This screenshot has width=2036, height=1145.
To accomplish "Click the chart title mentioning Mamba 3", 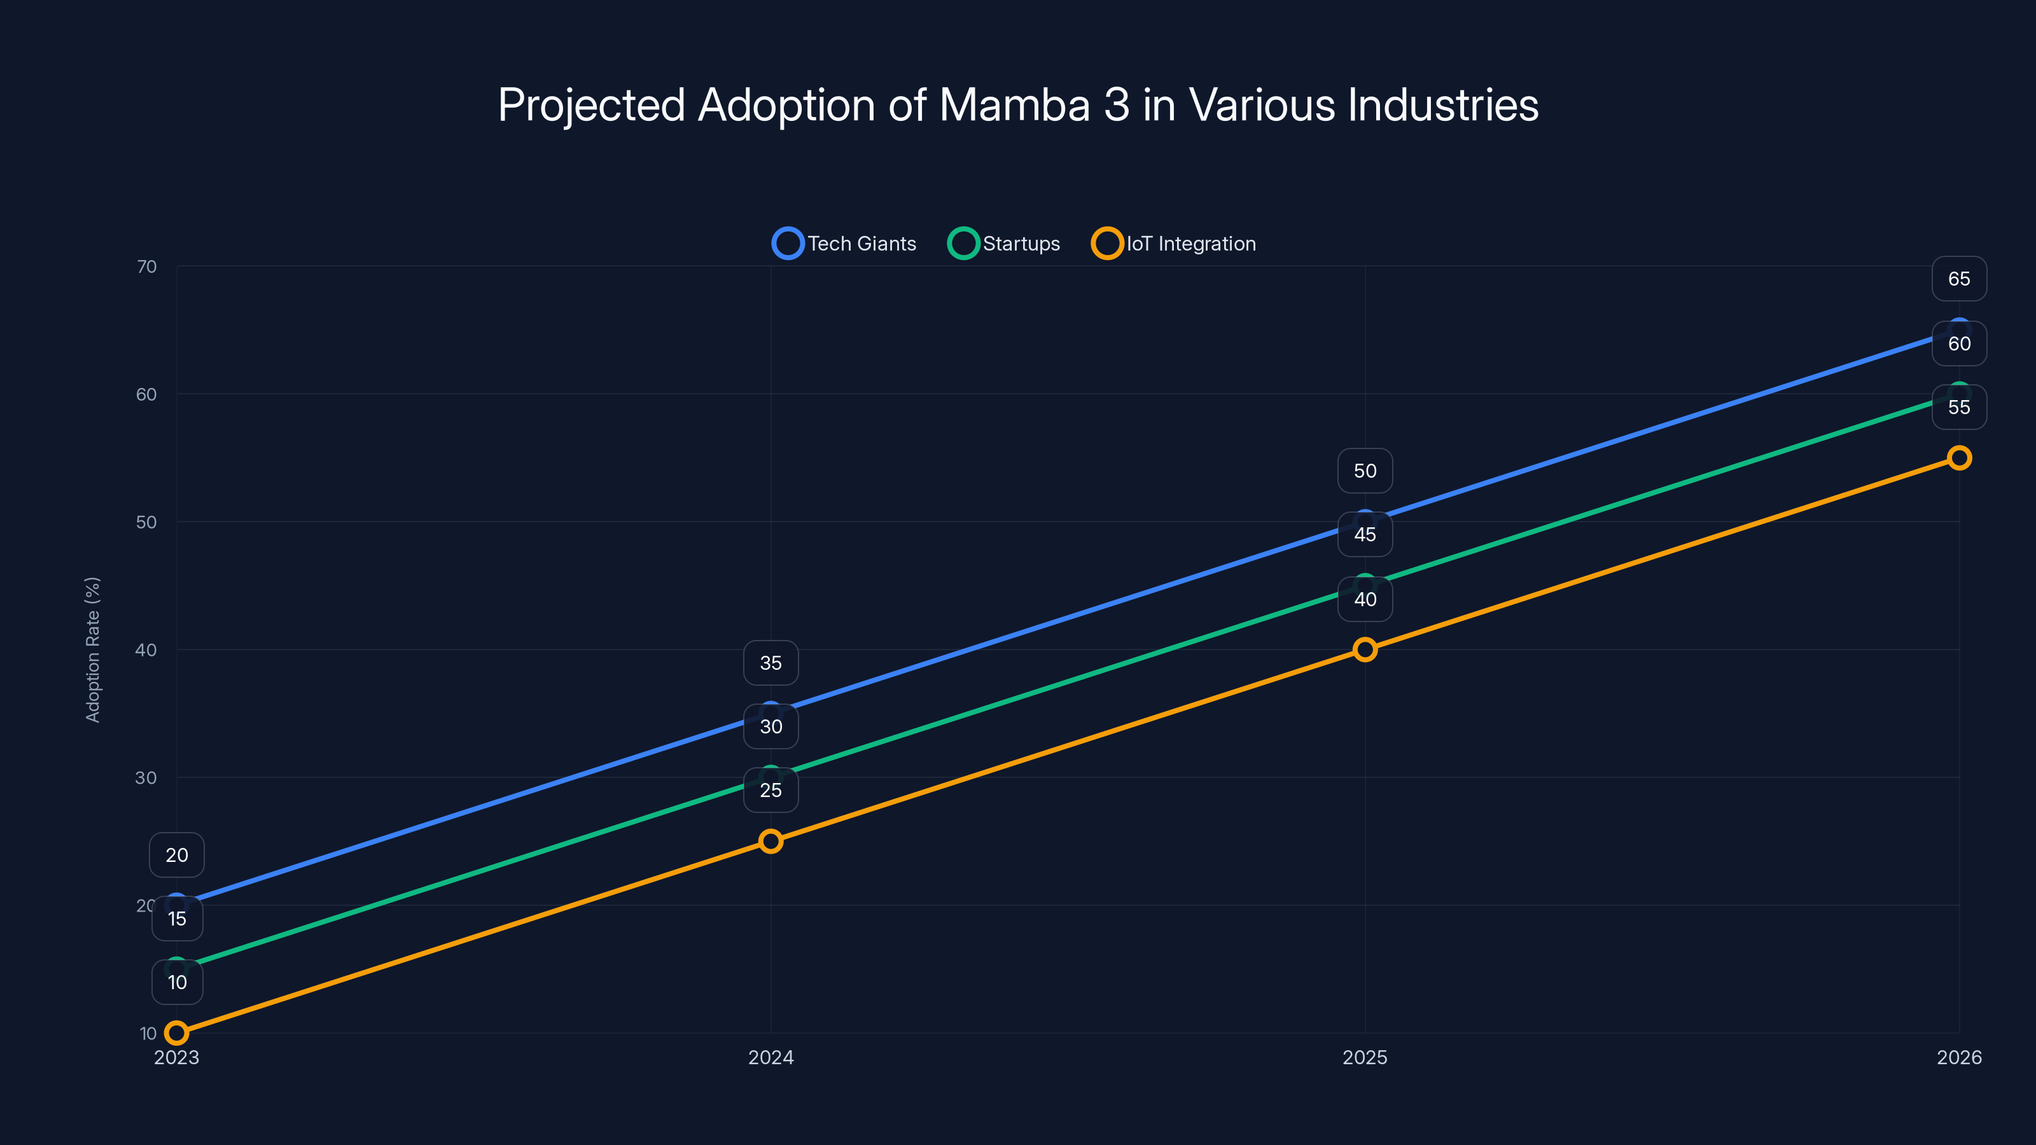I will point(1018,105).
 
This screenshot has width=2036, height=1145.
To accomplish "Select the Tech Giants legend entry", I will point(844,244).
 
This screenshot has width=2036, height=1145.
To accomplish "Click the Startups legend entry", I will point(1004,244).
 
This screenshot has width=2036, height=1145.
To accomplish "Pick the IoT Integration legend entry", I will point(1174,244).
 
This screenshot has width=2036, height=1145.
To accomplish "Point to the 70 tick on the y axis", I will point(147,267).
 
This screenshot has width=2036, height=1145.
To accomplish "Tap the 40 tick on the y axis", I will point(146,650).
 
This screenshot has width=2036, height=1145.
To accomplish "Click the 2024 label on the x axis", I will point(770,1057).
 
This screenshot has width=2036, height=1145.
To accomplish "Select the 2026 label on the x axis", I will point(1958,1057).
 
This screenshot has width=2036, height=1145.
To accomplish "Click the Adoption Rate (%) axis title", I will point(92,649).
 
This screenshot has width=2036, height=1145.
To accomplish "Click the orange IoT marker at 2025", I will point(1365,649).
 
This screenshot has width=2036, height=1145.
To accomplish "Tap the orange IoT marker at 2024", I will point(770,841).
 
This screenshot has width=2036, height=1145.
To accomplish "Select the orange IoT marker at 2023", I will point(177,1033).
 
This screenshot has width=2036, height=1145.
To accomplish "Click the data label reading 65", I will point(1958,279).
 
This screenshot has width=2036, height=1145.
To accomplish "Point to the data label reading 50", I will point(1365,471).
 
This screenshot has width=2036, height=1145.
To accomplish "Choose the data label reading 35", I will point(770,663).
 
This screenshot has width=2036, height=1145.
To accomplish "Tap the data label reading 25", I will point(770,790).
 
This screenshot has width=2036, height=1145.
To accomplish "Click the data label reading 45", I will point(1365,535).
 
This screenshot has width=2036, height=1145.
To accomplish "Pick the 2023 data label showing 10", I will point(177,982).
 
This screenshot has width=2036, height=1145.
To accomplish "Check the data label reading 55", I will point(1958,408).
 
